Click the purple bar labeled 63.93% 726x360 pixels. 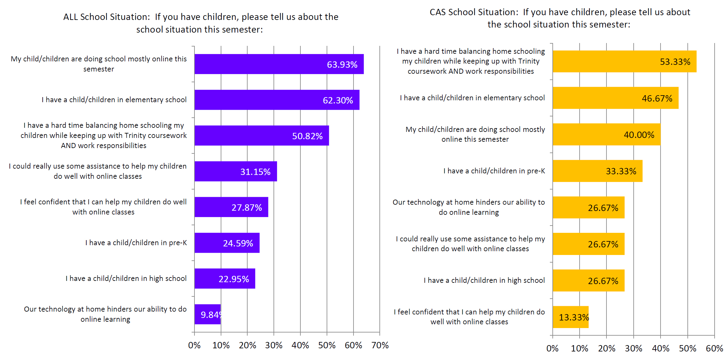(x=279, y=64)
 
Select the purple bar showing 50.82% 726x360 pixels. (x=261, y=136)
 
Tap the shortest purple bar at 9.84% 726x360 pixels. (x=207, y=314)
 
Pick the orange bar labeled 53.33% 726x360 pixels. (x=624, y=61)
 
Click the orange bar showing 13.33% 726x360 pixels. (x=570, y=317)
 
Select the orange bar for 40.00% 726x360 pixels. (x=606, y=134)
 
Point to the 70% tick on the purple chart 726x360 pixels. (x=380, y=345)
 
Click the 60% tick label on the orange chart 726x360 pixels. (x=714, y=349)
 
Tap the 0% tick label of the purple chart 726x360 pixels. (x=194, y=345)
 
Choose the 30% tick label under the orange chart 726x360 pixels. (x=633, y=349)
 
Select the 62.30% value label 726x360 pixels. (x=338, y=100)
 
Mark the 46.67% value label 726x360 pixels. (x=657, y=98)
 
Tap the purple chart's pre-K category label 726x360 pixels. (x=136, y=243)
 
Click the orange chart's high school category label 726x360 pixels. (x=484, y=280)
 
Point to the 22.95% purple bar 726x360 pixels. (x=225, y=279)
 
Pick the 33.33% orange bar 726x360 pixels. (x=598, y=171)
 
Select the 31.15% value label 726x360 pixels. (x=255, y=172)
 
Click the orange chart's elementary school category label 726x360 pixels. (x=472, y=98)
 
